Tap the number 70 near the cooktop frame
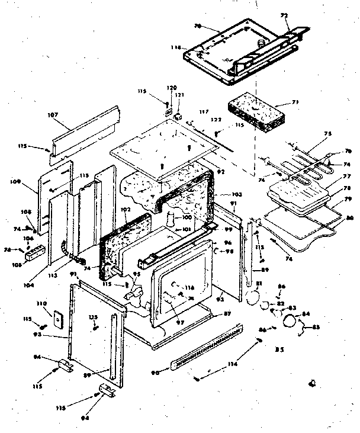[198, 27]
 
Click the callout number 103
[220, 194]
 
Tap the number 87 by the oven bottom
[226, 313]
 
